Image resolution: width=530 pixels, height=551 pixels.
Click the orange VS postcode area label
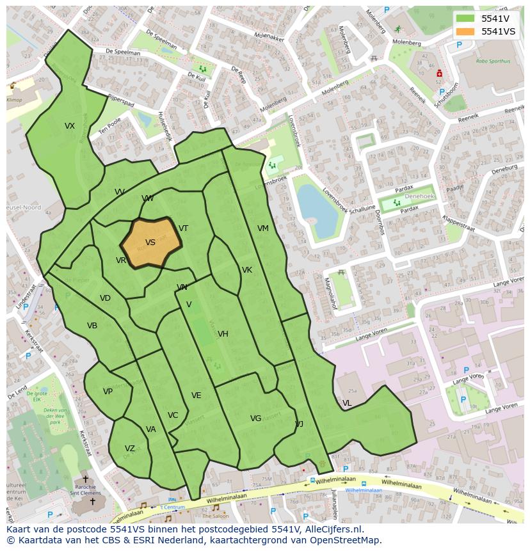click(150, 243)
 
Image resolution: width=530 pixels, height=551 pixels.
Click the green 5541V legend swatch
click(465, 18)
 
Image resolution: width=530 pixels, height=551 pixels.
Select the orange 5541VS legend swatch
click(465, 31)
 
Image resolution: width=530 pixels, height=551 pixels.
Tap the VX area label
click(70, 126)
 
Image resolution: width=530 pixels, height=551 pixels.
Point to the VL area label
click(347, 403)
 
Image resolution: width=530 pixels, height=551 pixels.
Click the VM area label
click(263, 228)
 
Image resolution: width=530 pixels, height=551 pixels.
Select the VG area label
click(255, 419)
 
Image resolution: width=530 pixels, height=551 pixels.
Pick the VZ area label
click(130, 449)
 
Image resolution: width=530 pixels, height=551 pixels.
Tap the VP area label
click(108, 392)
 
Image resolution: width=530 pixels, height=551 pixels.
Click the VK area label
click(247, 270)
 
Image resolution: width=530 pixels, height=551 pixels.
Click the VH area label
click(223, 334)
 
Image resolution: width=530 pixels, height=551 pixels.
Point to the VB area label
click(92, 326)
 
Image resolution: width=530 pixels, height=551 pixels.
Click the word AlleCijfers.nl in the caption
click(332, 529)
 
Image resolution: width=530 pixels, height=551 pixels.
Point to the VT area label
click(183, 228)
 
